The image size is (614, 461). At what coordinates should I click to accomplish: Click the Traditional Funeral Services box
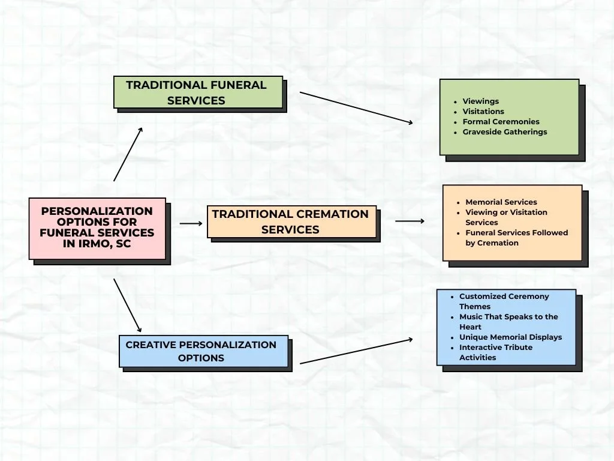tap(198, 92)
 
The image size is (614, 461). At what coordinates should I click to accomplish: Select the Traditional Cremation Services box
tap(291, 221)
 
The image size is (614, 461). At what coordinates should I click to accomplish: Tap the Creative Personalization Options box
tap(203, 351)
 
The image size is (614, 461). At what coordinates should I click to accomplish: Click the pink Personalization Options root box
tap(97, 228)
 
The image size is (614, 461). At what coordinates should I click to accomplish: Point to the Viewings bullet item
tap(480, 101)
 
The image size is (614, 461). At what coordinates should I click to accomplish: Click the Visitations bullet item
tap(483, 112)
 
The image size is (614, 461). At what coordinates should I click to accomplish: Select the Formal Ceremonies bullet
tap(501, 122)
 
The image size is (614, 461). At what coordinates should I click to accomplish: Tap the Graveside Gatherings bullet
tap(504, 132)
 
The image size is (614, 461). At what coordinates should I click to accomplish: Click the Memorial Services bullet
tap(501, 202)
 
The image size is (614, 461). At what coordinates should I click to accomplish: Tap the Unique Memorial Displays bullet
tap(510, 337)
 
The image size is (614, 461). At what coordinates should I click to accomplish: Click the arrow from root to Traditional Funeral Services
tap(128, 154)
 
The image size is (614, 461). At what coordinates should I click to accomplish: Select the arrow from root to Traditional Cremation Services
tap(191, 223)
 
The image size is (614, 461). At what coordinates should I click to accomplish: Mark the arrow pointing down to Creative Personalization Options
tap(127, 306)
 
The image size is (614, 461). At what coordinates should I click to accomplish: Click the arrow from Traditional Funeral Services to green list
tap(356, 108)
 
